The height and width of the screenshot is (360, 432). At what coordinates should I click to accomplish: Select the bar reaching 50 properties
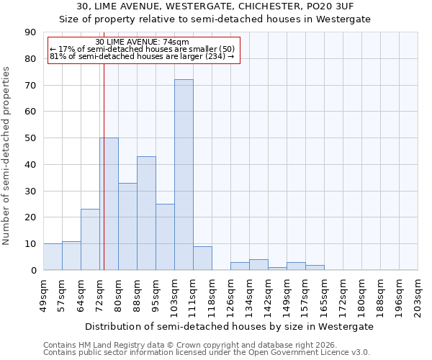tap(109, 204)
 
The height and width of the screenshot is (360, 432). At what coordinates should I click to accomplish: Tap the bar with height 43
tap(146, 213)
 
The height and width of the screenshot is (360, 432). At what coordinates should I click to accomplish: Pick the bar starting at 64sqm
tap(90, 240)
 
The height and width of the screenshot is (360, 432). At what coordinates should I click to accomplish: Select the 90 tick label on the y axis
tap(30, 32)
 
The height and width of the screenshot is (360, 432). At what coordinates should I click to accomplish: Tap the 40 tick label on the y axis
tap(30, 165)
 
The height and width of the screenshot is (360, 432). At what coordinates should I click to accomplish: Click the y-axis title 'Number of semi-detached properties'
tap(7, 156)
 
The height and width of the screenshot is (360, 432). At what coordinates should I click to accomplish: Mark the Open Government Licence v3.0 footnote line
tap(207, 353)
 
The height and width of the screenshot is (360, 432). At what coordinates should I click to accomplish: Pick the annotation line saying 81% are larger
tap(142, 56)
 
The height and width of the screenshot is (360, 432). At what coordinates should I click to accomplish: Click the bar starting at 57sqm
tap(71, 256)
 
